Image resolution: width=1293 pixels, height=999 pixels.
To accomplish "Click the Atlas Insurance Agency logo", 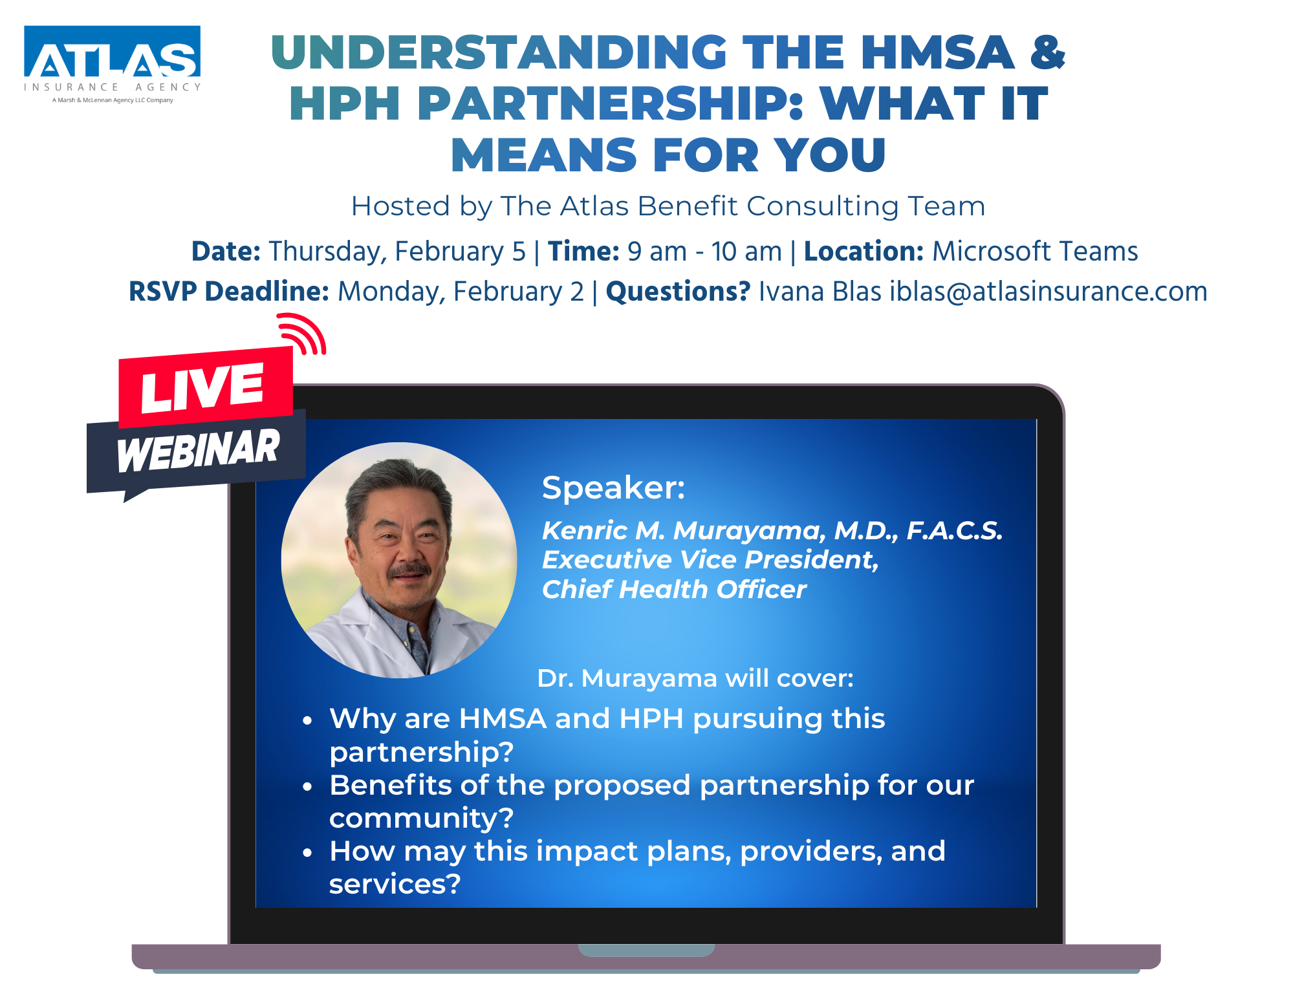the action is pyautogui.click(x=113, y=65).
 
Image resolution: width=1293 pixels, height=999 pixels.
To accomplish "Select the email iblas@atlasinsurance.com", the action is pyautogui.click(x=1049, y=292).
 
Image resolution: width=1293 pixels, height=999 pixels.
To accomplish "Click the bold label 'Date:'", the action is pyautogui.click(x=226, y=251).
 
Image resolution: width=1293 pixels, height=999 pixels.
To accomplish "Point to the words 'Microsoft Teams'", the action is pyautogui.click(x=1035, y=251).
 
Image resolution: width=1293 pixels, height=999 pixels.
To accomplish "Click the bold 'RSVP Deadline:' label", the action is pyautogui.click(x=229, y=292).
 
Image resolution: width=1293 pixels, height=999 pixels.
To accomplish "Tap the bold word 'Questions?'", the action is pyautogui.click(x=678, y=292).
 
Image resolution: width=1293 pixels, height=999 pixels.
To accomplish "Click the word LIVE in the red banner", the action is pyautogui.click(x=202, y=387).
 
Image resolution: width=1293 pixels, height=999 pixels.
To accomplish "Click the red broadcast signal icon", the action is pyautogui.click(x=302, y=334).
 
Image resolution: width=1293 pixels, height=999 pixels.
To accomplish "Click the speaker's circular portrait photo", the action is pyautogui.click(x=399, y=560).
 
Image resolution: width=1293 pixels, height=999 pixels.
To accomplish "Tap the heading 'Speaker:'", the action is pyautogui.click(x=613, y=488).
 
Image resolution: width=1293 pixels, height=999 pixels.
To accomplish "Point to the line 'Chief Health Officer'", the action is pyautogui.click(x=674, y=589).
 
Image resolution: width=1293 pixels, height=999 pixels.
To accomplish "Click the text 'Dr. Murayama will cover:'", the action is pyautogui.click(x=695, y=678).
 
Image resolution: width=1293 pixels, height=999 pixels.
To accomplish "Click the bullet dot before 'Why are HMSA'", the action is pyautogui.click(x=308, y=720).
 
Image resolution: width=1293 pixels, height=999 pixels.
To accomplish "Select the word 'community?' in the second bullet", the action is pyautogui.click(x=421, y=819).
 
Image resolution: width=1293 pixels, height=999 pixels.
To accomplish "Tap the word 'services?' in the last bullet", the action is pyautogui.click(x=395, y=884).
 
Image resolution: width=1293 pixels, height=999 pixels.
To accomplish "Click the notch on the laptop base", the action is pyautogui.click(x=646, y=950).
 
